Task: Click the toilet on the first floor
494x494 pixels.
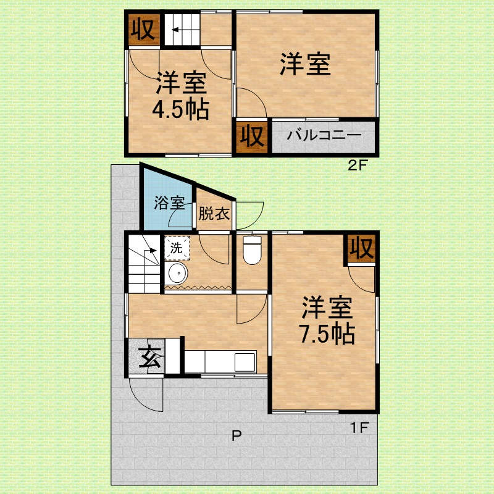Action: (253, 250)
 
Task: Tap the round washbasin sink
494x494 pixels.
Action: (178, 273)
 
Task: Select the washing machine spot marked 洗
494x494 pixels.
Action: (177, 248)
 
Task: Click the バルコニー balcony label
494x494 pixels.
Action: (324, 135)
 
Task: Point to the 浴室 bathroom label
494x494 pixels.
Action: (169, 203)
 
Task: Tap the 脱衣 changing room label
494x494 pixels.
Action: (214, 214)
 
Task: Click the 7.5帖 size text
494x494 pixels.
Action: (327, 333)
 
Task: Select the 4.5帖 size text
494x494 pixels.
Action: (180, 109)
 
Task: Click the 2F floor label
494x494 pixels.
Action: (358, 165)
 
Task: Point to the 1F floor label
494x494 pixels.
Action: (359, 427)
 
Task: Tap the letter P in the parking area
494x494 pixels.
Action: (237, 435)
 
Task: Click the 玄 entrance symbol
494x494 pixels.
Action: (150, 357)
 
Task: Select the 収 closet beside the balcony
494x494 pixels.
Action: (252, 136)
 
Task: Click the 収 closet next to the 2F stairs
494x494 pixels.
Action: (143, 29)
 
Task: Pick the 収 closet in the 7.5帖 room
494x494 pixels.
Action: (362, 249)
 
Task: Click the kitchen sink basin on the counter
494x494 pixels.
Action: (245, 362)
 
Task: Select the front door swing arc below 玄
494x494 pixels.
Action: (146, 396)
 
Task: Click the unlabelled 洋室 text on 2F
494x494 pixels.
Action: (305, 65)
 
